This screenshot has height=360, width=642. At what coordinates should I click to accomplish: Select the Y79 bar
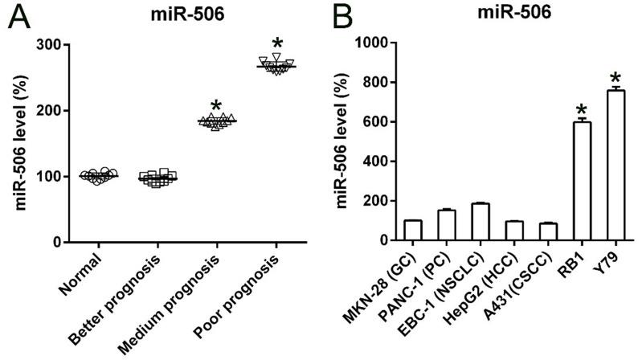(615, 166)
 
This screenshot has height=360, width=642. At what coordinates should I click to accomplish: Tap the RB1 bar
(582, 182)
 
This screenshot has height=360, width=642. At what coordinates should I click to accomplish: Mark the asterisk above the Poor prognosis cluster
(277, 43)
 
